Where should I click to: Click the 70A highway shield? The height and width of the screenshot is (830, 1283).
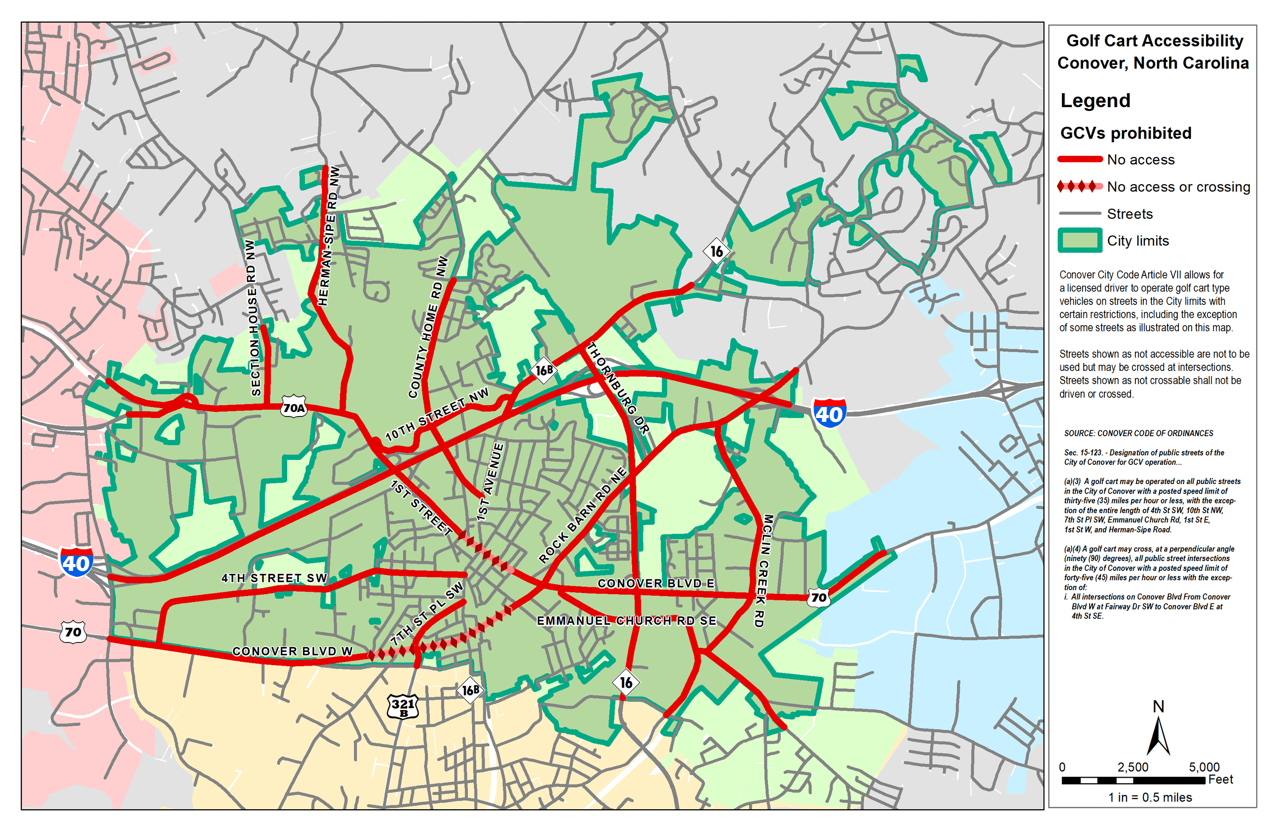(294, 408)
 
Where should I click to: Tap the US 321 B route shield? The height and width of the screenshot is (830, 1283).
(403, 706)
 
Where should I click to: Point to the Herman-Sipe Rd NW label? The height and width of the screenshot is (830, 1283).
(328, 236)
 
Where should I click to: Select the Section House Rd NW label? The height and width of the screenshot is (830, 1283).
(253, 318)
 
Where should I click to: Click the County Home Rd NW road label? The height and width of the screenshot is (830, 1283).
(428, 327)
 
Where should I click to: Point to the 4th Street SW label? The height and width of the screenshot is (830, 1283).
(274, 578)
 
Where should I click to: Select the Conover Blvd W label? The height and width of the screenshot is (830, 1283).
(292, 651)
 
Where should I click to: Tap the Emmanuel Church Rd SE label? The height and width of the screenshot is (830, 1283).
(626, 621)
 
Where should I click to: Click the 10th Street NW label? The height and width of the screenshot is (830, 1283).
(437, 414)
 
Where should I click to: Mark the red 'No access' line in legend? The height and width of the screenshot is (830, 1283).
(1079, 159)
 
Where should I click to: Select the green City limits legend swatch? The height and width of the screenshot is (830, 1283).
(1079, 240)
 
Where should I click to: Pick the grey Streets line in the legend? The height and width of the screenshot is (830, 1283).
(1079, 214)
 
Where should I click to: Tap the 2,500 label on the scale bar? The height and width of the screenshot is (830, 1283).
(1132, 767)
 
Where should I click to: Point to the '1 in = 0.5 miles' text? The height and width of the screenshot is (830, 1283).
(1150, 797)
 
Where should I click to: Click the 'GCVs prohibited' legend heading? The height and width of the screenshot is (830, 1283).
(1126, 133)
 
